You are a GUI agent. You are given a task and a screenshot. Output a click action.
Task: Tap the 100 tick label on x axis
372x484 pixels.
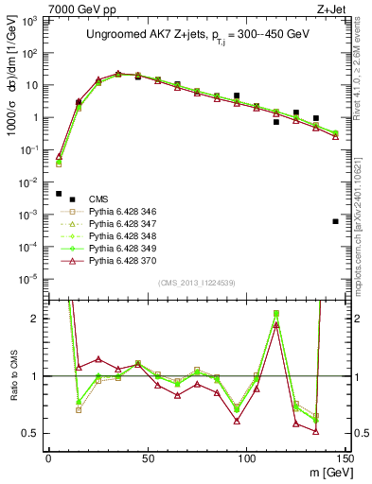(246, 458)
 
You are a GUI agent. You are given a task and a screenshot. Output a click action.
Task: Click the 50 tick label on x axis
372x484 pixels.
(148, 458)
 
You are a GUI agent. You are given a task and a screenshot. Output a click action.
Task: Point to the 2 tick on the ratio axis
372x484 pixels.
(37, 319)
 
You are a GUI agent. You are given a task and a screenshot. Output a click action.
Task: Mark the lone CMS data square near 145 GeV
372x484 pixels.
(336, 221)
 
